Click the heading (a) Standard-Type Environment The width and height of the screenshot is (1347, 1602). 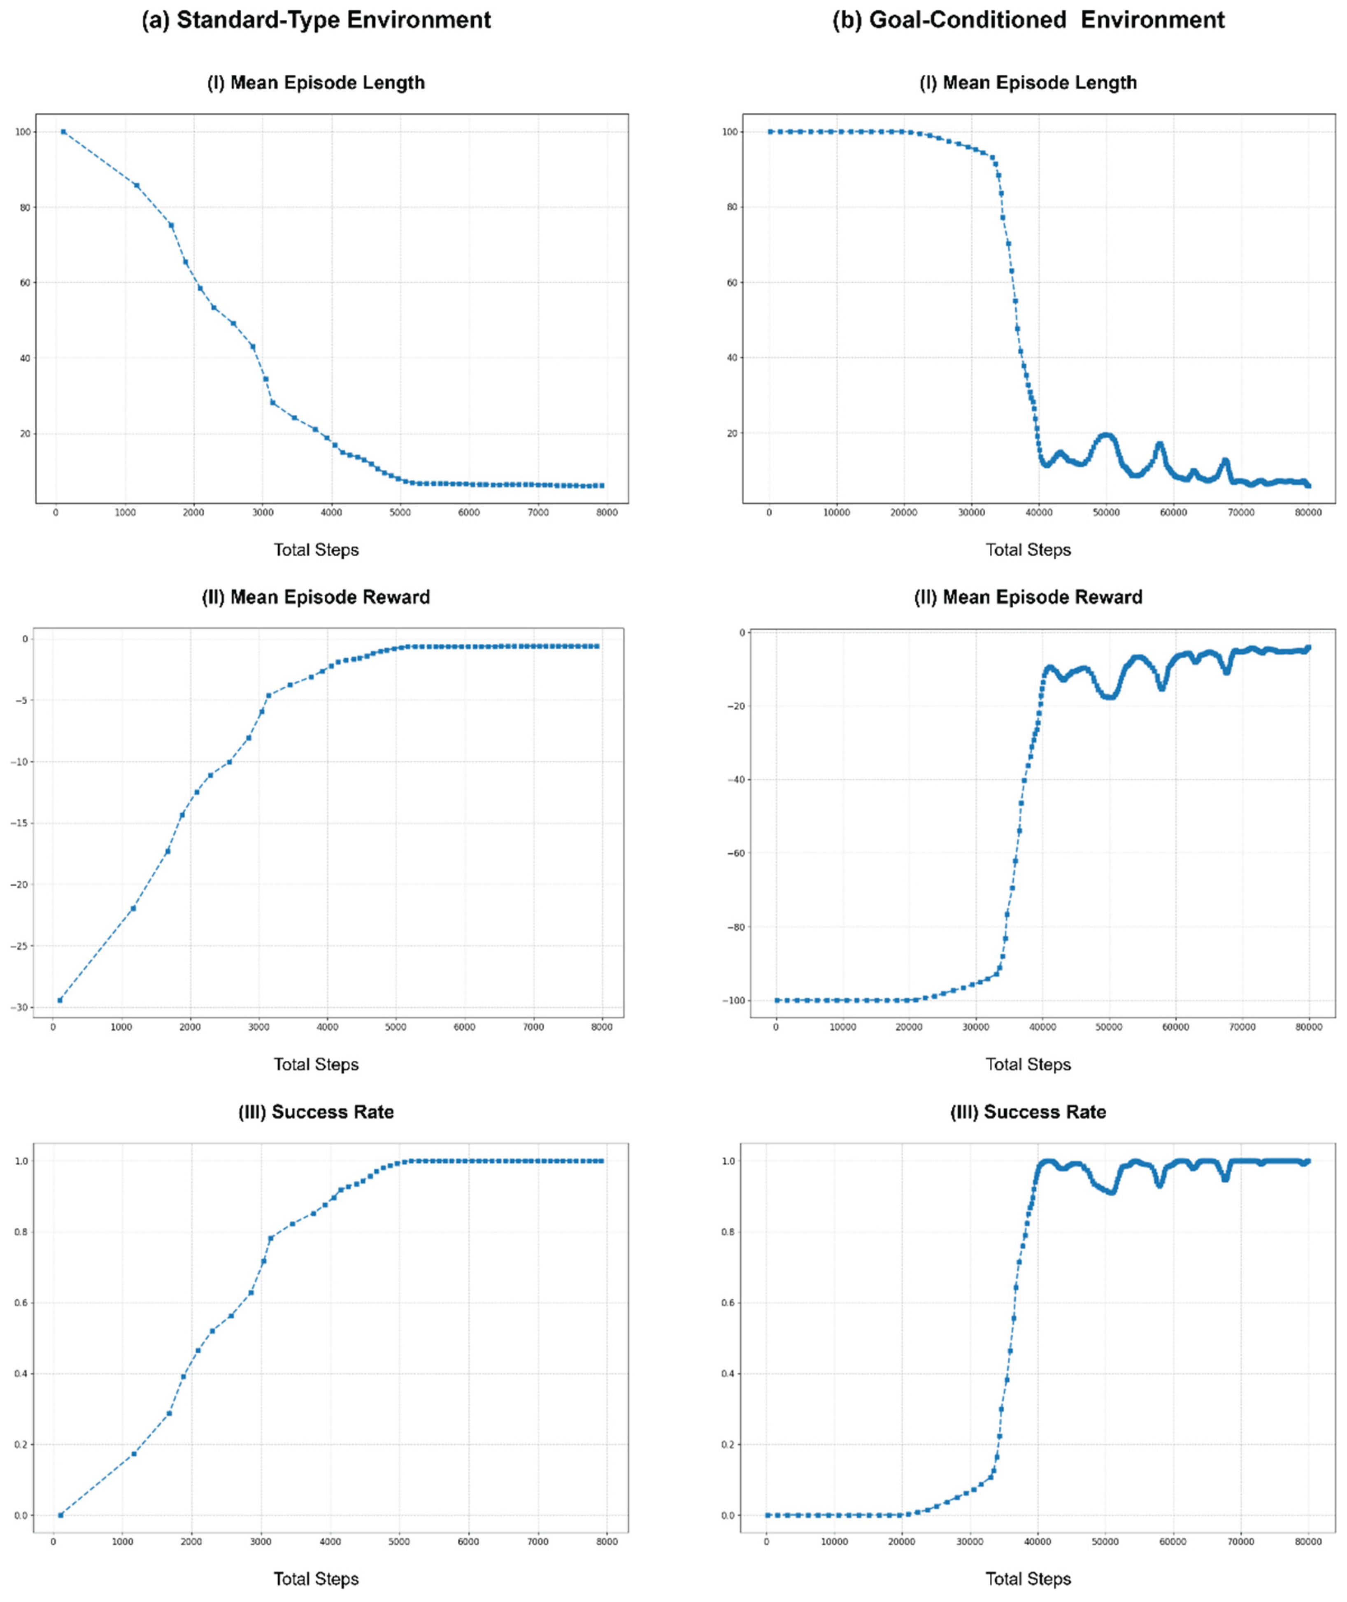click(x=316, y=20)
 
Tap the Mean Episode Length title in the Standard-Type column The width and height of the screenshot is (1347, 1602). click(x=316, y=82)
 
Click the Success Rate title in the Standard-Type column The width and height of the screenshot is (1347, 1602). click(x=316, y=1112)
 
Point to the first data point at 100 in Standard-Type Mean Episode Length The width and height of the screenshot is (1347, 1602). click(x=63, y=131)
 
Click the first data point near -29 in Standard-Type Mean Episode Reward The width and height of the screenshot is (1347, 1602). click(x=60, y=999)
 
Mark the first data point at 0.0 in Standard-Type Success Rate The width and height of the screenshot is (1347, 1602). click(x=60, y=1515)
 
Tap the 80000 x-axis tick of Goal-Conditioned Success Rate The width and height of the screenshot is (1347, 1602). click(x=1308, y=1541)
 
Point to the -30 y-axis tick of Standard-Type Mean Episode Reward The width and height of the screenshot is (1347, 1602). click(x=19, y=1007)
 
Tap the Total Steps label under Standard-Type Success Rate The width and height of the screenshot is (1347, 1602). click(x=316, y=1578)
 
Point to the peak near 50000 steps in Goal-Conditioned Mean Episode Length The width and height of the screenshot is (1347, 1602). click(x=1107, y=435)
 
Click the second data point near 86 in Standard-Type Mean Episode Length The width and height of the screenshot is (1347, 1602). click(x=137, y=185)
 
